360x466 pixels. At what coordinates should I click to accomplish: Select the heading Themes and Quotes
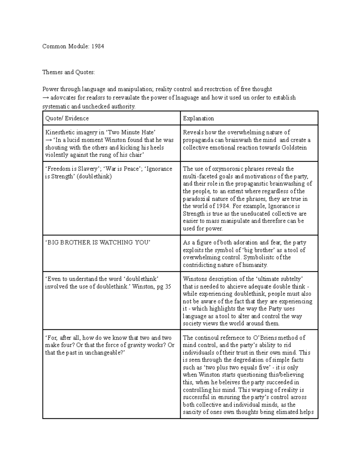(x=68, y=72)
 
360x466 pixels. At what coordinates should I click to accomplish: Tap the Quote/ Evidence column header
(x=67, y=118)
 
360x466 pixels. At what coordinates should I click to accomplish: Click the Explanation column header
(x=198, y=118)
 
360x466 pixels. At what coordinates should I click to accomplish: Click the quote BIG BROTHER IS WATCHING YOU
(x=97, y=242)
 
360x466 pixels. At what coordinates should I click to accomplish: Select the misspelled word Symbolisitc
(x=259, y=257)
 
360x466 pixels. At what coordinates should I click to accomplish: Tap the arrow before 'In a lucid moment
(x=48, y=140)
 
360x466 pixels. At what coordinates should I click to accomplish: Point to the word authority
(x=123, y=107)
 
